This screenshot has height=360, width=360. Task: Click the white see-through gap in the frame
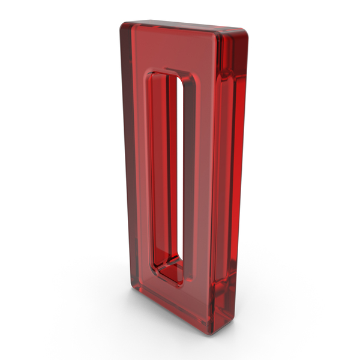[x=180, y=167]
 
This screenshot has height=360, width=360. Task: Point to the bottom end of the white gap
[x=181, y=259]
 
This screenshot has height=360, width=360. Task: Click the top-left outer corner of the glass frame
[x=122, y=25]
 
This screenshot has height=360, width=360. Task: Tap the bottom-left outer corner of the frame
[x=133, y=287]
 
